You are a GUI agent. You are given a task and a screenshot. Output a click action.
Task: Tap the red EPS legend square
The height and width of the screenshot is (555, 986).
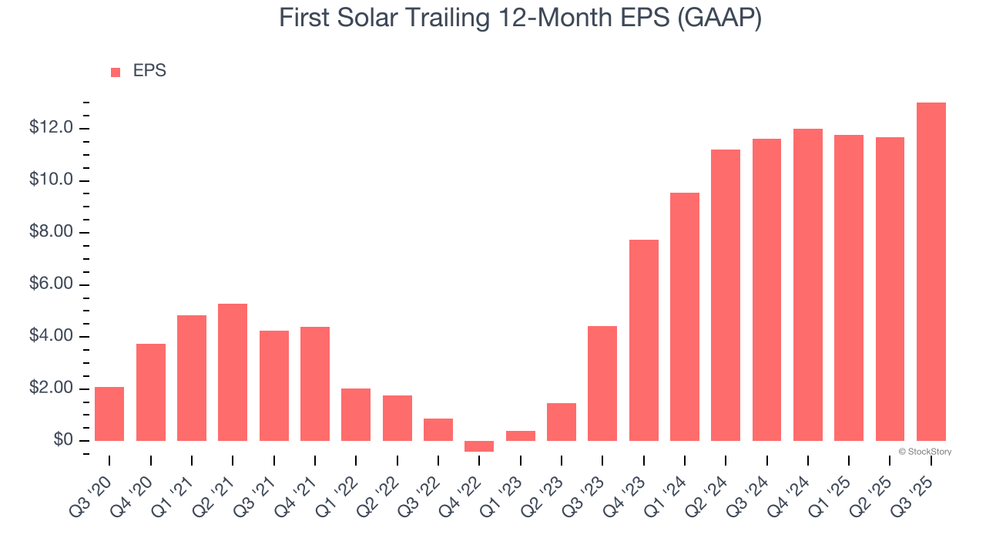pos(116,72)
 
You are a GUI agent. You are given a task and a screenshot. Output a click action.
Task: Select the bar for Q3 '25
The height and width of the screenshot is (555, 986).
pos(931,271)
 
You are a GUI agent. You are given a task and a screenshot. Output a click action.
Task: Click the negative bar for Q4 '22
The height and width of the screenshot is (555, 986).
pos(479,446)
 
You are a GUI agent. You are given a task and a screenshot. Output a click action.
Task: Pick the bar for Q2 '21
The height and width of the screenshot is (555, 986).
pos(233,372)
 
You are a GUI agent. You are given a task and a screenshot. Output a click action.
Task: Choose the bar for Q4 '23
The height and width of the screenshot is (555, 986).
pos(643,340)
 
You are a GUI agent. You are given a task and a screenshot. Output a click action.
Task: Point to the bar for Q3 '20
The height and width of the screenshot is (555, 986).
pos(109,414)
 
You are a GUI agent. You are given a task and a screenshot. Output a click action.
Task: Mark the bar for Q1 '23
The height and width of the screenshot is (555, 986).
pos(520,436)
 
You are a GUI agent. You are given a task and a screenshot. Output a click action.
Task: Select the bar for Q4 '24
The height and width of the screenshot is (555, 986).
pos(807,284)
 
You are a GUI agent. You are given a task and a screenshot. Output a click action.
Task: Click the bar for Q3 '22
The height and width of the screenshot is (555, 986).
pos(438,429)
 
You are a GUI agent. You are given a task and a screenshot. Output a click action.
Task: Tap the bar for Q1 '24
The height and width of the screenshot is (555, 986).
pos(685,317)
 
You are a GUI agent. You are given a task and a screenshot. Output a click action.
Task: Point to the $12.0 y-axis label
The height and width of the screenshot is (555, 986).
pos(51,128)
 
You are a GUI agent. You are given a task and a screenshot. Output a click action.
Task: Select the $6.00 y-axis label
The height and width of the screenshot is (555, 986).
pos(51,284)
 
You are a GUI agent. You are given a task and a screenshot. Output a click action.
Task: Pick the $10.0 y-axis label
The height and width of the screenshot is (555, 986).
pos(51,180)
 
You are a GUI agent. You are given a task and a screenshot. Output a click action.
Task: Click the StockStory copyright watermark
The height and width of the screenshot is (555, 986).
pos(924,452)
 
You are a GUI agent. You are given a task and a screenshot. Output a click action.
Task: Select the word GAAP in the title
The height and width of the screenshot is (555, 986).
pos(717,18)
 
